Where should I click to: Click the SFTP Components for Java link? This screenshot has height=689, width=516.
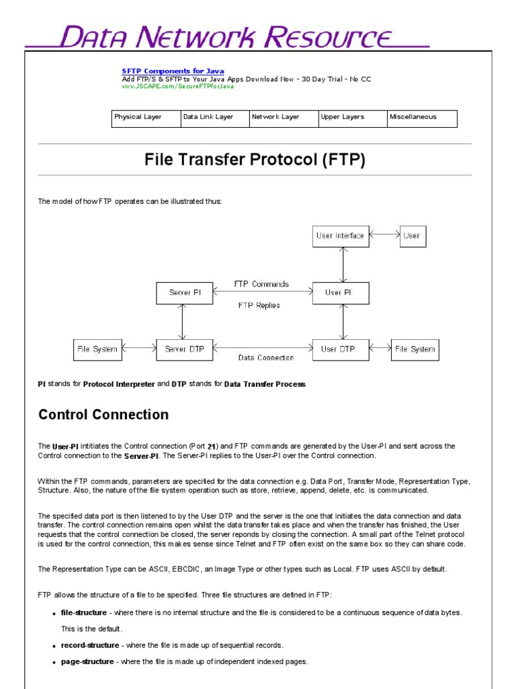click(173, 71)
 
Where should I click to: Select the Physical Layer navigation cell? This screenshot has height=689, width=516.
click(145, 118)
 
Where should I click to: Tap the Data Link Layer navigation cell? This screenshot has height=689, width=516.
click(214, 118)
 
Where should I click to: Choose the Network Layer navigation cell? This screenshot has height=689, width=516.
click(283, 118)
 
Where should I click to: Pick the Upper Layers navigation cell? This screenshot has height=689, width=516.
click(352, 118)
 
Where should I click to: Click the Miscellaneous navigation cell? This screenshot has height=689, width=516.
click(422, 118)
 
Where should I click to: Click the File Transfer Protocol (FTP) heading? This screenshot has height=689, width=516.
click(255, 160)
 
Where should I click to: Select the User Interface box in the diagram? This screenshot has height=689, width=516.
click(341, 236)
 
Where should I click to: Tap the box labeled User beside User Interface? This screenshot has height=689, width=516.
click(412, 236)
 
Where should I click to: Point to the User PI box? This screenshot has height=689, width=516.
click(341, 293)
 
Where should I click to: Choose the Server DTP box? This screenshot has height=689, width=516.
click(184, 349)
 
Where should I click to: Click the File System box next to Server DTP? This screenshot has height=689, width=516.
click(97, 349)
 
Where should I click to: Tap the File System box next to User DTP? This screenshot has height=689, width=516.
click(415, 349)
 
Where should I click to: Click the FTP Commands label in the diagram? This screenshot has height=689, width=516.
click(261, 284)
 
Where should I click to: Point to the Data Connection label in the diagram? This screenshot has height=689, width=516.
click(266, 358)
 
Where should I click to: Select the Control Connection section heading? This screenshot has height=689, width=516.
click(103, 414)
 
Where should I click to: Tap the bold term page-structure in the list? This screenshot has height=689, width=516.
click(87, 661)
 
